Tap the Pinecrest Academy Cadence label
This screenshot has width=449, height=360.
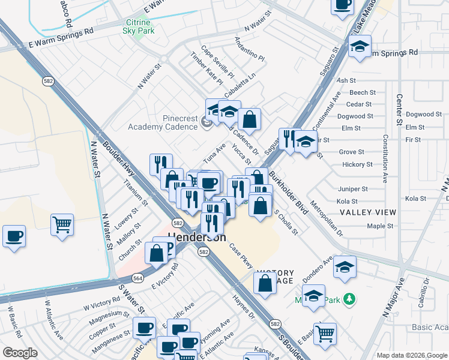[x=163, y=122]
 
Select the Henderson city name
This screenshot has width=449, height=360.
[x=197, y=237]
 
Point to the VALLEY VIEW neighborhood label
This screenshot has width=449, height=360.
[x=368, y=212]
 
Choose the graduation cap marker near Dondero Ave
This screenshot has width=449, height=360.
[x=345, y=267]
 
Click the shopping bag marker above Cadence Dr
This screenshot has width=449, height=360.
[x=249, y=119]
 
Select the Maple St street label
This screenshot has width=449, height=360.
[x=380, y=226]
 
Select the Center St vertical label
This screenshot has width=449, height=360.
[x=398, y=109]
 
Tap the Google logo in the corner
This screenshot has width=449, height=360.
[x=20, y=353]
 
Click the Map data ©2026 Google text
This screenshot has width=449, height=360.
[x=411, y=355]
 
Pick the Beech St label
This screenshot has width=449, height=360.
[x=362, y=92]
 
